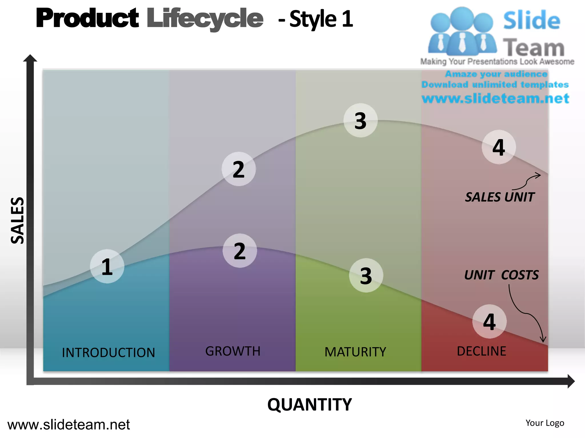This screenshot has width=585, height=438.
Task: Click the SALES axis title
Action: (17, 220)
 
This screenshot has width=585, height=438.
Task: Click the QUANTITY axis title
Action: (309, 405)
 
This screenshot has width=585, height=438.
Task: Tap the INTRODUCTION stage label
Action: (108, 352)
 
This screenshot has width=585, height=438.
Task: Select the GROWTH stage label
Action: (233, 351)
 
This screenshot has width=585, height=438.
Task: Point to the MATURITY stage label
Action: (355, 352)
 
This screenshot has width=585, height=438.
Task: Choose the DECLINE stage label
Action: (481, 351)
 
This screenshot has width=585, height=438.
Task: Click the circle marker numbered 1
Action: (107, 266)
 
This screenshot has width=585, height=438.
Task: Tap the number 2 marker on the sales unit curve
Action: (239, 169)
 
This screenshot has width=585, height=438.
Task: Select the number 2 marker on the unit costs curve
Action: (240, 251)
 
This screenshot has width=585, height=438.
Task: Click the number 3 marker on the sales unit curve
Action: (360, 120)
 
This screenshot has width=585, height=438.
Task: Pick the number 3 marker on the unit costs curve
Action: (366, 275)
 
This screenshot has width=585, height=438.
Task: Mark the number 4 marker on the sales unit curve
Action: (499, 147)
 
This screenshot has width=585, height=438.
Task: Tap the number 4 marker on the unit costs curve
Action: (489, 321)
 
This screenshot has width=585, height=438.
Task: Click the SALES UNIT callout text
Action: (499, 197)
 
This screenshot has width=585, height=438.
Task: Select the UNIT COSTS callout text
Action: (501, 275)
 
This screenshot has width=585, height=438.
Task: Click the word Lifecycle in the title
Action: (205, 19)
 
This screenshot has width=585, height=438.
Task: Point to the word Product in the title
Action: (87, 18)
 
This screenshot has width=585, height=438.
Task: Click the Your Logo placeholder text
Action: (545, 423)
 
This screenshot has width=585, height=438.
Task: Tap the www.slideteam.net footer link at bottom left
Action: (69, 425)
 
